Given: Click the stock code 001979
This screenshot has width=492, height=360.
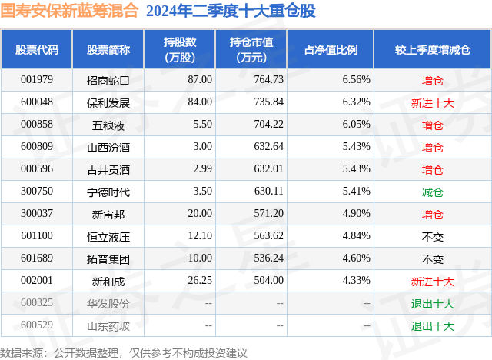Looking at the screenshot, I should coord(36,79).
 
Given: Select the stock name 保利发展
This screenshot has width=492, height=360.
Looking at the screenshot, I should coord(108,102).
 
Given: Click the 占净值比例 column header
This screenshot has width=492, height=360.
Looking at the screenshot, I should coord(336,49).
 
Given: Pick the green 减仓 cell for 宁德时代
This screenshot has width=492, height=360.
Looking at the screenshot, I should coord(432,192).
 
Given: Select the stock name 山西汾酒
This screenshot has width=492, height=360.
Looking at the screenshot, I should coord(108,147).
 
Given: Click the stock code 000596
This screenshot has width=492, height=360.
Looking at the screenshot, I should coord(36,169).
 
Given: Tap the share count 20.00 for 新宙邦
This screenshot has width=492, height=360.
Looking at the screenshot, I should coord(199,214).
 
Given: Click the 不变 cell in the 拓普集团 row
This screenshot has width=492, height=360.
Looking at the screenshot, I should coord(432,258).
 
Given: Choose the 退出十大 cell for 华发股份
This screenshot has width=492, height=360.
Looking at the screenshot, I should coord(432,304).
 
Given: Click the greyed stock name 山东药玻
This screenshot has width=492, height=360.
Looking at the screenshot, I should coord(108,326).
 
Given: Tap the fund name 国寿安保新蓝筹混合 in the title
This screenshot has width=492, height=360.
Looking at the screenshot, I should coord(70,12).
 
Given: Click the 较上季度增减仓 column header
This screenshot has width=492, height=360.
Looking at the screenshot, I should coord(432,49).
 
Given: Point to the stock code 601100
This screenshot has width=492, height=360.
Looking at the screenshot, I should coord(36,236).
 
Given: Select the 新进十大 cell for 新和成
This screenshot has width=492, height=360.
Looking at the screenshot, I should coord(432,282).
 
